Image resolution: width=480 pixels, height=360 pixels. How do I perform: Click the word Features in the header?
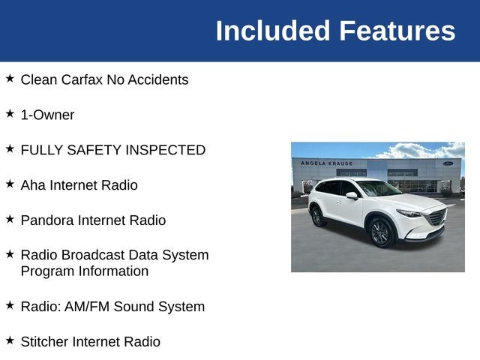(397, 31)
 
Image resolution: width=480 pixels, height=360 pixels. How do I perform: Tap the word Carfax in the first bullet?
(82, 79)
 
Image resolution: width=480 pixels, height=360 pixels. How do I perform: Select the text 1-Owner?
(47, 115)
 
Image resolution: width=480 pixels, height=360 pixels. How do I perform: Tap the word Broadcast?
(91, 255)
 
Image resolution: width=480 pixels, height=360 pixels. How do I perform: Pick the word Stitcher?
(44, 342)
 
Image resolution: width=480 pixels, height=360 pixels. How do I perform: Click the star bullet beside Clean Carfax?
(10, 78)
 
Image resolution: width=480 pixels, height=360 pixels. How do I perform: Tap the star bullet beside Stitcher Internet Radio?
(10, 340)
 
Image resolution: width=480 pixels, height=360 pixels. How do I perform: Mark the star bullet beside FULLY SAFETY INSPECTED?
(10, 148)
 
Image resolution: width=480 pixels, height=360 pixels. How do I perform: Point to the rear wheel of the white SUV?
(318, 217)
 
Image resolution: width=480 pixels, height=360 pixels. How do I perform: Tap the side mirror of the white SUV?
(352, 195)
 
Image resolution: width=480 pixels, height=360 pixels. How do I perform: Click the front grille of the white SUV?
(438, 217)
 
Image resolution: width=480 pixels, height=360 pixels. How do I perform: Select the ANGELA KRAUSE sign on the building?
(327, 163)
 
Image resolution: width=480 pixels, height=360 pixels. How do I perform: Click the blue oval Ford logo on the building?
(448, 163)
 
